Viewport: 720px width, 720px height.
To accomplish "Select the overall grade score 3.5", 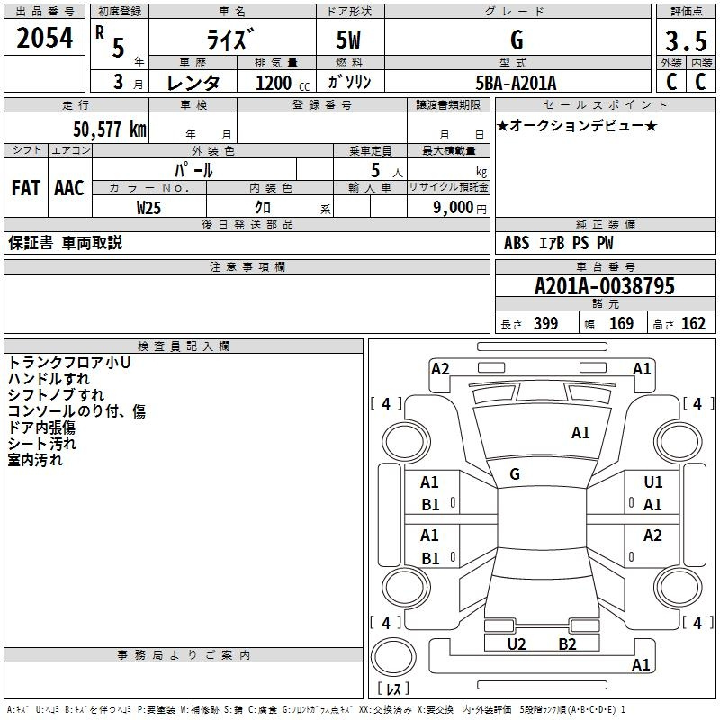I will pos(685,40).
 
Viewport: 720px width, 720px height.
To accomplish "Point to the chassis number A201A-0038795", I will pos(604,287).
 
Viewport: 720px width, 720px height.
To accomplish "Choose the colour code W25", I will pos(149,207).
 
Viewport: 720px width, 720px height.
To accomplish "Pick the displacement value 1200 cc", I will pos(275,84).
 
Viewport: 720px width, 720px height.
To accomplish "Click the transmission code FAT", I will pos(26,188).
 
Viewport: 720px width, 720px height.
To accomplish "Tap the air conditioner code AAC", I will pos(69,188).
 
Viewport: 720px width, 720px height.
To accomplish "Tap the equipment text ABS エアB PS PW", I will pos(560,243).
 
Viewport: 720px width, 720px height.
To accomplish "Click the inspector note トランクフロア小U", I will pos(69,363).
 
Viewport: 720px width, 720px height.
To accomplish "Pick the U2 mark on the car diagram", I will pos(517,643).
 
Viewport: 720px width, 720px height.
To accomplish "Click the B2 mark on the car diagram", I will pos(567,643).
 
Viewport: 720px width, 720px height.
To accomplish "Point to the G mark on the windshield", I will pos(515,474).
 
